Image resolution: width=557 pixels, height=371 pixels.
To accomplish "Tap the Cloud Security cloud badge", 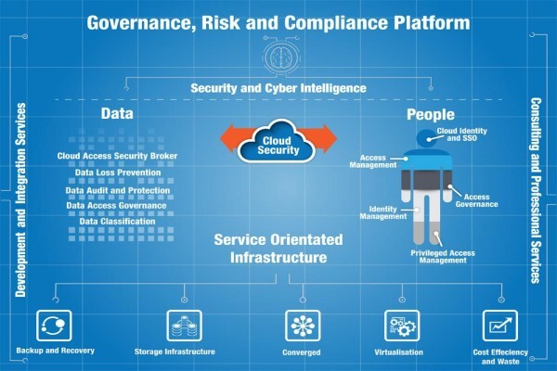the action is [278, 142].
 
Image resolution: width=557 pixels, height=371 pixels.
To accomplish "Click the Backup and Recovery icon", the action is [54, 326].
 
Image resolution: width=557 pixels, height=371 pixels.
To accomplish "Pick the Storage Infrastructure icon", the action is [185, 326].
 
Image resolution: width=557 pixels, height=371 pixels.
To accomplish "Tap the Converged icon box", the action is [303, 326].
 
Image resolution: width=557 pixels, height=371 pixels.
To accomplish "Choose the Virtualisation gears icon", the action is [402, 326].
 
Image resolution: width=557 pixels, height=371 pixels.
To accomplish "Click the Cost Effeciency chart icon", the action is [500, 326].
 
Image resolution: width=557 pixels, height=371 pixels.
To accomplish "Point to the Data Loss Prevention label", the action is [118, 173].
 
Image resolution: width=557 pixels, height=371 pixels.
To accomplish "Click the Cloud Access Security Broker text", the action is [117, 156].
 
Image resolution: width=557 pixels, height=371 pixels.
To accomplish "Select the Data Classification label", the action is [117, 222].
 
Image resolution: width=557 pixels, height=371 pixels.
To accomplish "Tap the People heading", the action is [431, 114].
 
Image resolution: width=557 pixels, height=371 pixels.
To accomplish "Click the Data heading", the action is [117, 113].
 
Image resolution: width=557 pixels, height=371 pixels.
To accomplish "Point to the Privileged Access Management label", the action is [443, 257].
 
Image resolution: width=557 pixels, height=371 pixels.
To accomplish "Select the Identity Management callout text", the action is [382, 212].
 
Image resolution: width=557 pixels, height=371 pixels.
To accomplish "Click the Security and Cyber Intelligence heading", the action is [278, 88].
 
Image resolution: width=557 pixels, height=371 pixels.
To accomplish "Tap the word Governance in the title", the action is [141, 23].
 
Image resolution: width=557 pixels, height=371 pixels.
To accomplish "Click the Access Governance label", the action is [477, 200].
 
